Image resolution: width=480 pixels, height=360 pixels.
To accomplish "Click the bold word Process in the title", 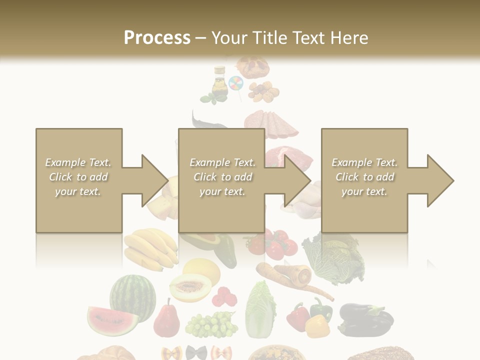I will coord(157,38).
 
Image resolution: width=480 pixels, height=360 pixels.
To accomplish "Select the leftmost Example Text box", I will coord(79,180).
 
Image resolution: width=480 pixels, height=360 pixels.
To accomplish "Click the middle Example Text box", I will coord(221,180).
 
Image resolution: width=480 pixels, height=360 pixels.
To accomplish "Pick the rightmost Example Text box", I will coord(364,180).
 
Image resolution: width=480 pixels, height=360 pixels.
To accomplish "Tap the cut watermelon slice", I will coord(112,320).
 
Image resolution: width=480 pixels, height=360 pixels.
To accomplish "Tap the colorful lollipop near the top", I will coord(235,83).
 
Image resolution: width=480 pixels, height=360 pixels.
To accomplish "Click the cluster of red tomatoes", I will coord(273,243).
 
